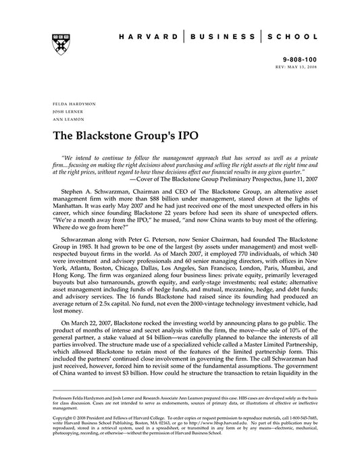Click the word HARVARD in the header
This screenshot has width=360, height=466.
pyautogui.click(x=151, y=39)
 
